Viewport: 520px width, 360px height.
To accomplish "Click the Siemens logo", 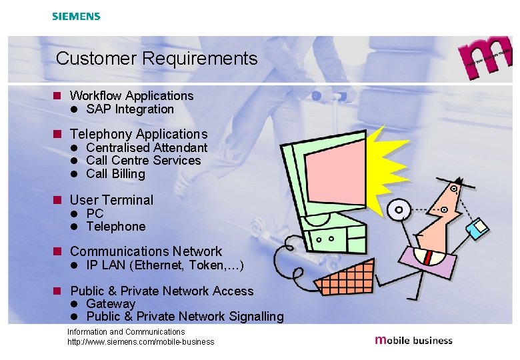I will point(76,16).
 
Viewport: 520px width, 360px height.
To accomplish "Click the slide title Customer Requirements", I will point(157,59).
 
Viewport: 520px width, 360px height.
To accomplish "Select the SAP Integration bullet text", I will point(130,109).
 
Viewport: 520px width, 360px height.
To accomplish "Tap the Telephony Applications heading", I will point(139,135).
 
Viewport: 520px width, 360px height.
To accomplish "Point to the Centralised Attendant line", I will point(147,148).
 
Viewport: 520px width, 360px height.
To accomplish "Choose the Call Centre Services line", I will point(143,161).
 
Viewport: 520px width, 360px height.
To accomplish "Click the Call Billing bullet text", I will point(115,174).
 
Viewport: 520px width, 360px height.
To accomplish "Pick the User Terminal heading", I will point(111,200).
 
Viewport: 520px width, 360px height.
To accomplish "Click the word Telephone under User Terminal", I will point(115,227).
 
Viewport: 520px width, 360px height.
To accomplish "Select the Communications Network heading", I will point(145,251).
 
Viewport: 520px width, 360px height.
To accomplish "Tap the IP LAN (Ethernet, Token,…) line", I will point(165,266).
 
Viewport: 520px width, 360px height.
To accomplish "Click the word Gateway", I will point(111,304).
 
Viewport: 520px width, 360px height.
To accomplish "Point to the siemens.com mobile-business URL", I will point(141,342).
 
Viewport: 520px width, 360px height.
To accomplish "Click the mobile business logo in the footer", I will point(413,340).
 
